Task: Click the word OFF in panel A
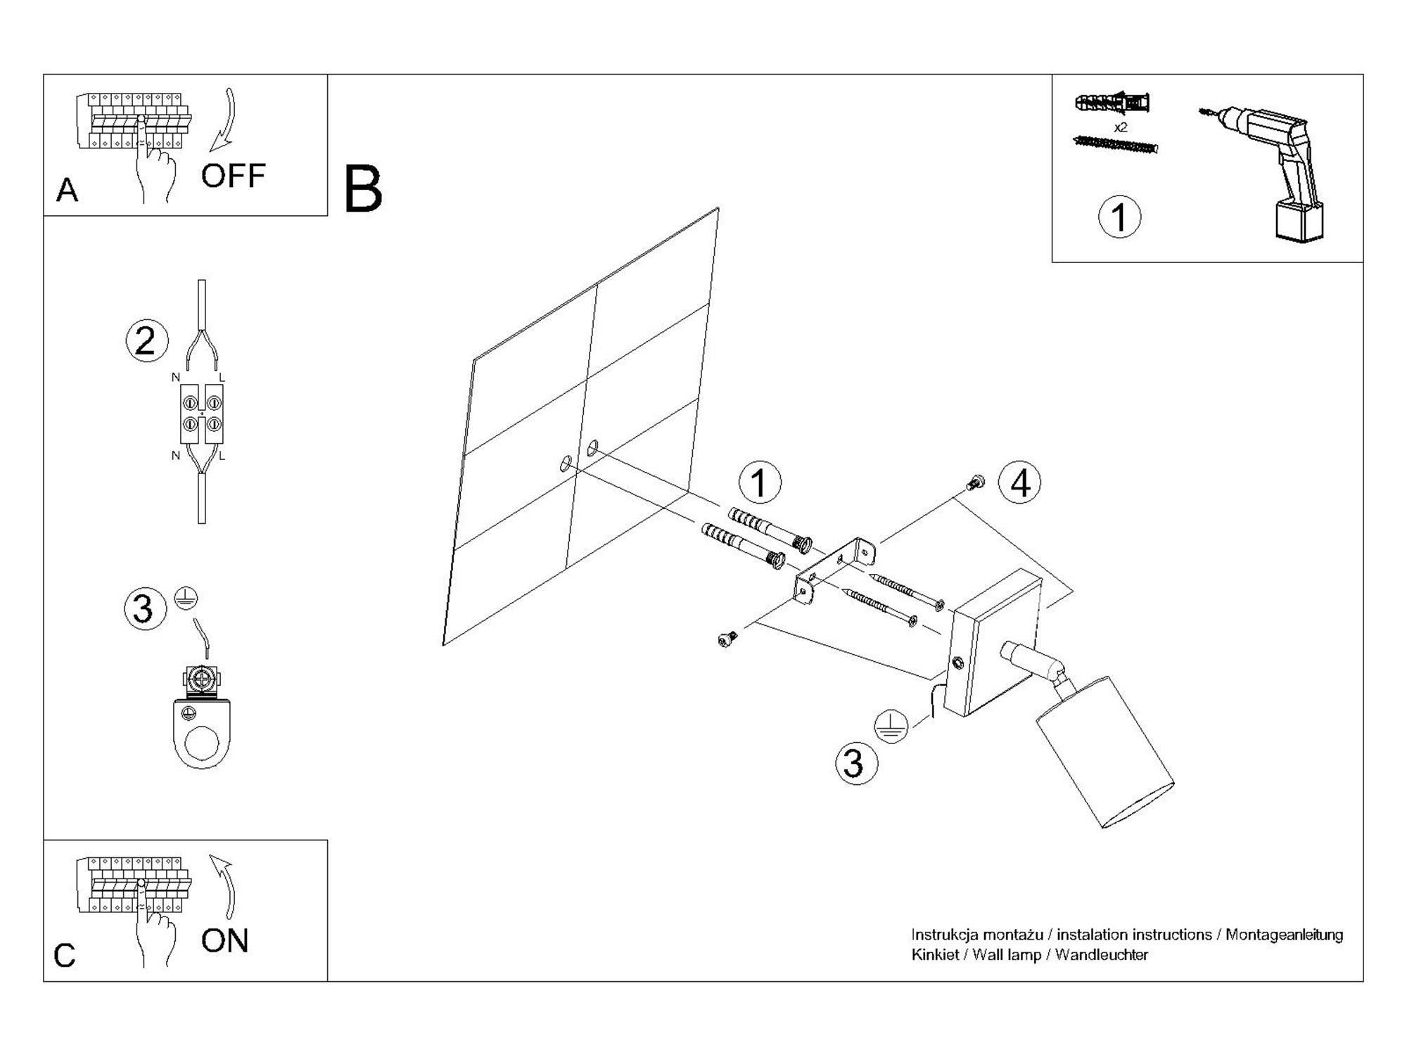[233, 176]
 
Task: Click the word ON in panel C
[224, 940]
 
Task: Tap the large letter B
[363, 189]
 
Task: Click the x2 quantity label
[1121, 127]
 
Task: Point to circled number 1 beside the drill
[1119, 217]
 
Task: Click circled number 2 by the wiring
[146, 341]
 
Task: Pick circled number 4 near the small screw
[1020, 483]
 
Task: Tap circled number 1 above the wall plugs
[759, 483]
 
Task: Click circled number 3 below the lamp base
[856, 763]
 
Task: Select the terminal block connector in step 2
[202, 414]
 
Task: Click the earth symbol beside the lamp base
[891, 726]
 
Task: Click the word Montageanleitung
[1284, 935]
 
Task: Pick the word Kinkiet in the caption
[935, 955]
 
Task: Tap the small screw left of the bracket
[727, 639]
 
